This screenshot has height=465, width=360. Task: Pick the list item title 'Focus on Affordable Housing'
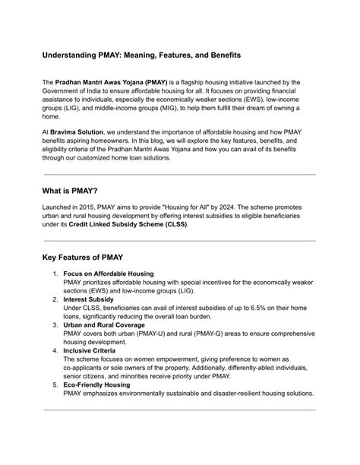pyautogui.click(x=109, y=274)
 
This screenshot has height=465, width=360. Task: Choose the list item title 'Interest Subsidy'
pyautogui.click(x=88, y=299)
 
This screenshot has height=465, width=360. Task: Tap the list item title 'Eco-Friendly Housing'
pyautogui.click(x=98, y=385)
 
